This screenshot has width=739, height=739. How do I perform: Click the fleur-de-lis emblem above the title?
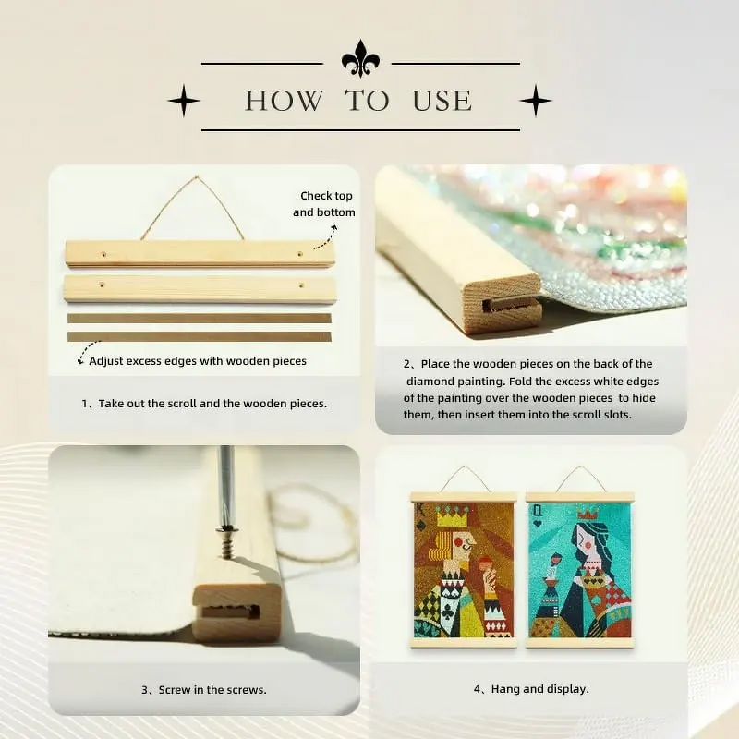[x=360, y=58]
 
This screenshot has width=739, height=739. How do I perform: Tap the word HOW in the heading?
[x=284, y=101]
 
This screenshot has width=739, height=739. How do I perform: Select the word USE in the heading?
[x=442, y=101]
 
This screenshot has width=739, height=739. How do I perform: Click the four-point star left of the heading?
[x=183, y=101]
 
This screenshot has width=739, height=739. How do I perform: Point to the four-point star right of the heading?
[x=536, y=101]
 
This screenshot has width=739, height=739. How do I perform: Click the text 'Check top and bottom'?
[x=324, y=204]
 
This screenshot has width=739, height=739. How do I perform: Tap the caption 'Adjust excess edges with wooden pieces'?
[x=197, y=360]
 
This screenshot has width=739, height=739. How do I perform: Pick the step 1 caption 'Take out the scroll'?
[x=204, y=403]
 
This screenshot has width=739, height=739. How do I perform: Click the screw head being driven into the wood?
[x=224, y=532]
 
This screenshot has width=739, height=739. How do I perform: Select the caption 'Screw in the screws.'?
[x=203, y=689]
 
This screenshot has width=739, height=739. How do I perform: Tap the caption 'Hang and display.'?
[x=531, y=689]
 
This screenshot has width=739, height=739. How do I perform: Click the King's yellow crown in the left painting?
[x=451, y=519]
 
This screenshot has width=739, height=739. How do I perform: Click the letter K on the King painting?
[x=421, y=510]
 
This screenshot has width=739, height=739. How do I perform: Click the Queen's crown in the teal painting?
[x=588, y=515]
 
